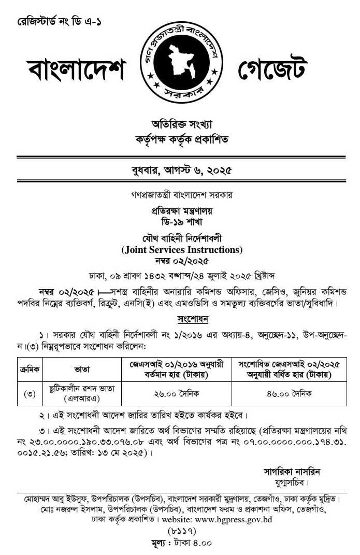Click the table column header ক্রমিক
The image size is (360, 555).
click(30, 369)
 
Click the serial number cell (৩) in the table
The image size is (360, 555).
click(30, 394)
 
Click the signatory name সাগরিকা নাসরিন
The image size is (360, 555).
click(292, 472)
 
